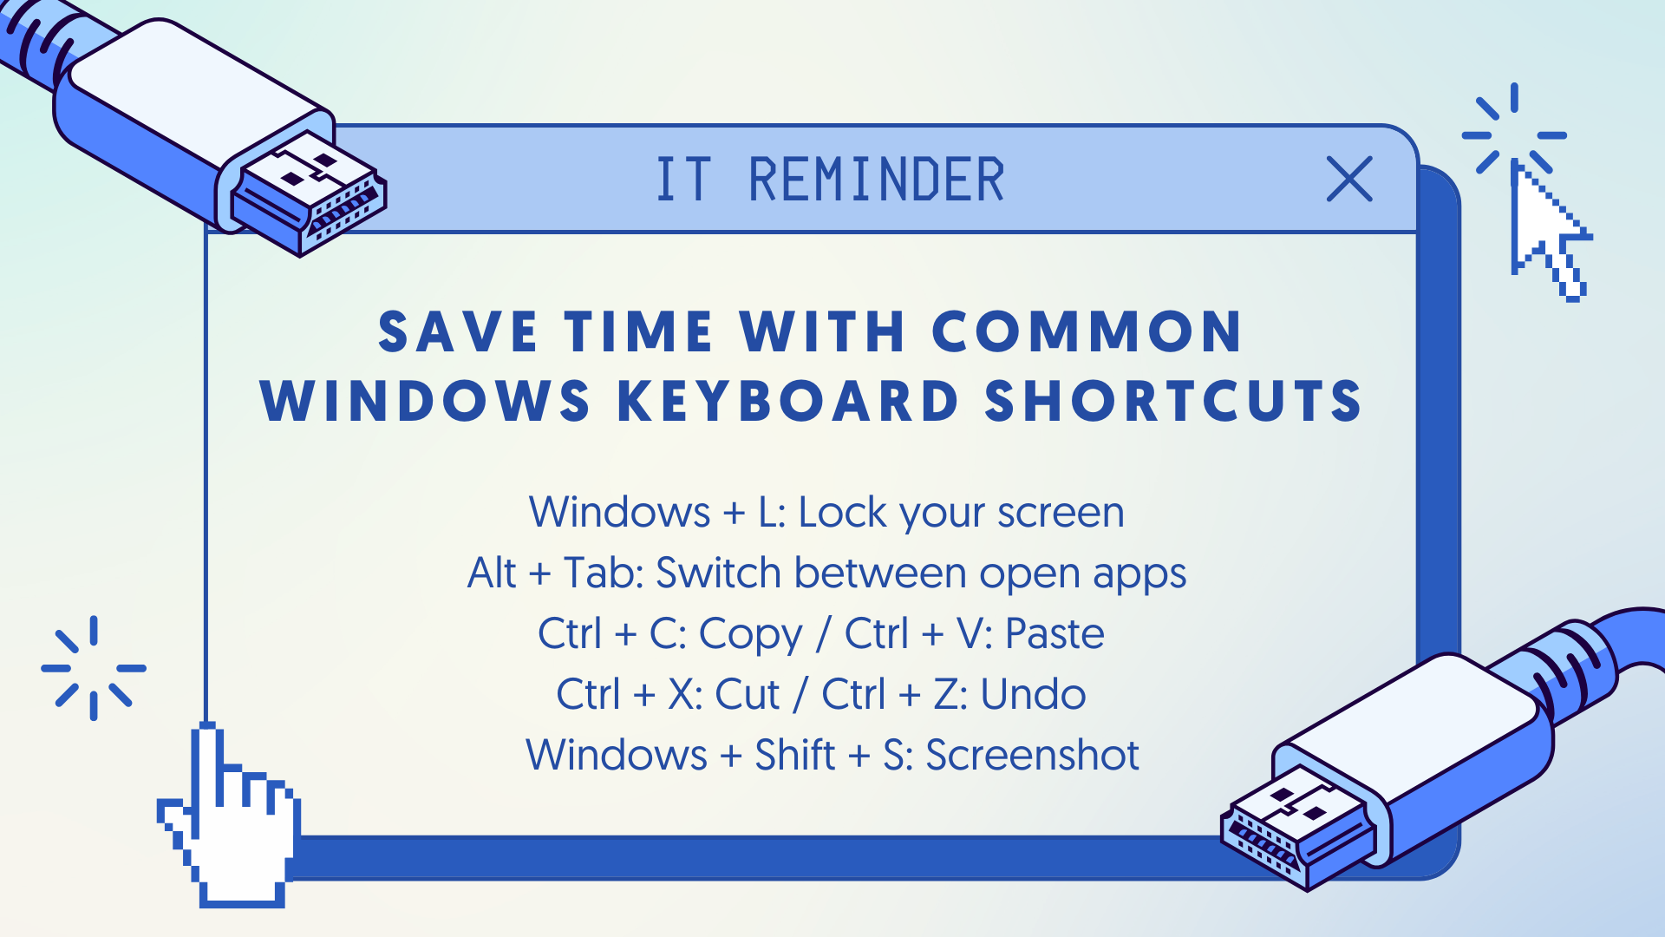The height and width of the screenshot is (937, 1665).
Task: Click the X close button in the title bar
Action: point(1349,179)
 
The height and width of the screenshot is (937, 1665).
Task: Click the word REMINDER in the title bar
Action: point(877,180)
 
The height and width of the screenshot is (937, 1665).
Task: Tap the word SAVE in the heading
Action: point(459,331)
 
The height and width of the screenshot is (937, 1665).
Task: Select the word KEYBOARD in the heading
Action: point(788,401)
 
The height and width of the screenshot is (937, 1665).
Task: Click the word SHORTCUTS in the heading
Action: point(1173,401)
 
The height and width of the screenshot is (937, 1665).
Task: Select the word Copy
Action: point(751,635)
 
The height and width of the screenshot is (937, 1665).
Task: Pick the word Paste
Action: point(1054,633)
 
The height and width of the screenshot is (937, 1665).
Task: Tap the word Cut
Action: point(748,694)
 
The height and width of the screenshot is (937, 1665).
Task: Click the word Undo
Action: point(1033,694)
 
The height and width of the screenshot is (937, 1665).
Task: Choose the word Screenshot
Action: point(1032,755)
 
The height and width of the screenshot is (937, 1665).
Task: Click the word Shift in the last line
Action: point(794,755)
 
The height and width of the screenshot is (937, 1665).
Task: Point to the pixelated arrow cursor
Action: point(1549,230)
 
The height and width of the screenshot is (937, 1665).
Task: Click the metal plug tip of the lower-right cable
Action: point(1297,828)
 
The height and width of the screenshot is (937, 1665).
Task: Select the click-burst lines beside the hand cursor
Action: point(94,668)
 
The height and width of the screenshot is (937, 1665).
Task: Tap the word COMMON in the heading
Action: point(1087,331)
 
